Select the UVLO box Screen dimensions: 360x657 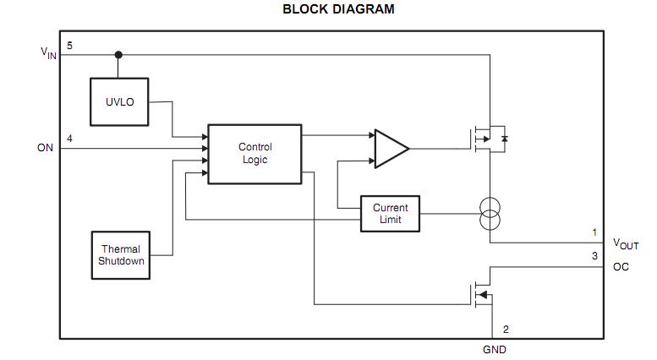(x=120, y=101)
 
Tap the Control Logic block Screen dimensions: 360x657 (x=255, y=153)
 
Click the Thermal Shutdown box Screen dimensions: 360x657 (x=121, y=255)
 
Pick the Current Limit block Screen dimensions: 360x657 (x=390, y=214)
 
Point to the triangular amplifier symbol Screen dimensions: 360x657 (x=390, y=148)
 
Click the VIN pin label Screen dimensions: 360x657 (x=49, y=52)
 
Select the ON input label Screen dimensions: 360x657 (x=45, y=148)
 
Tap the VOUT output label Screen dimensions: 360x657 (x=626, y=245)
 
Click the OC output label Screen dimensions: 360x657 (x=621, y=268)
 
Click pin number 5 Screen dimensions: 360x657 (x=69, y=46)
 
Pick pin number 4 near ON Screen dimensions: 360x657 (x=69, y=138)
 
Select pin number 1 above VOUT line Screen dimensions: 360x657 (x=594, y=232)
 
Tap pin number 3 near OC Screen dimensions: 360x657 (x=594, y=256)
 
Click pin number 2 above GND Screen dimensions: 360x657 (x=506, y=330)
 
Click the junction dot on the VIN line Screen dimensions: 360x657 (x=118, y=55)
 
